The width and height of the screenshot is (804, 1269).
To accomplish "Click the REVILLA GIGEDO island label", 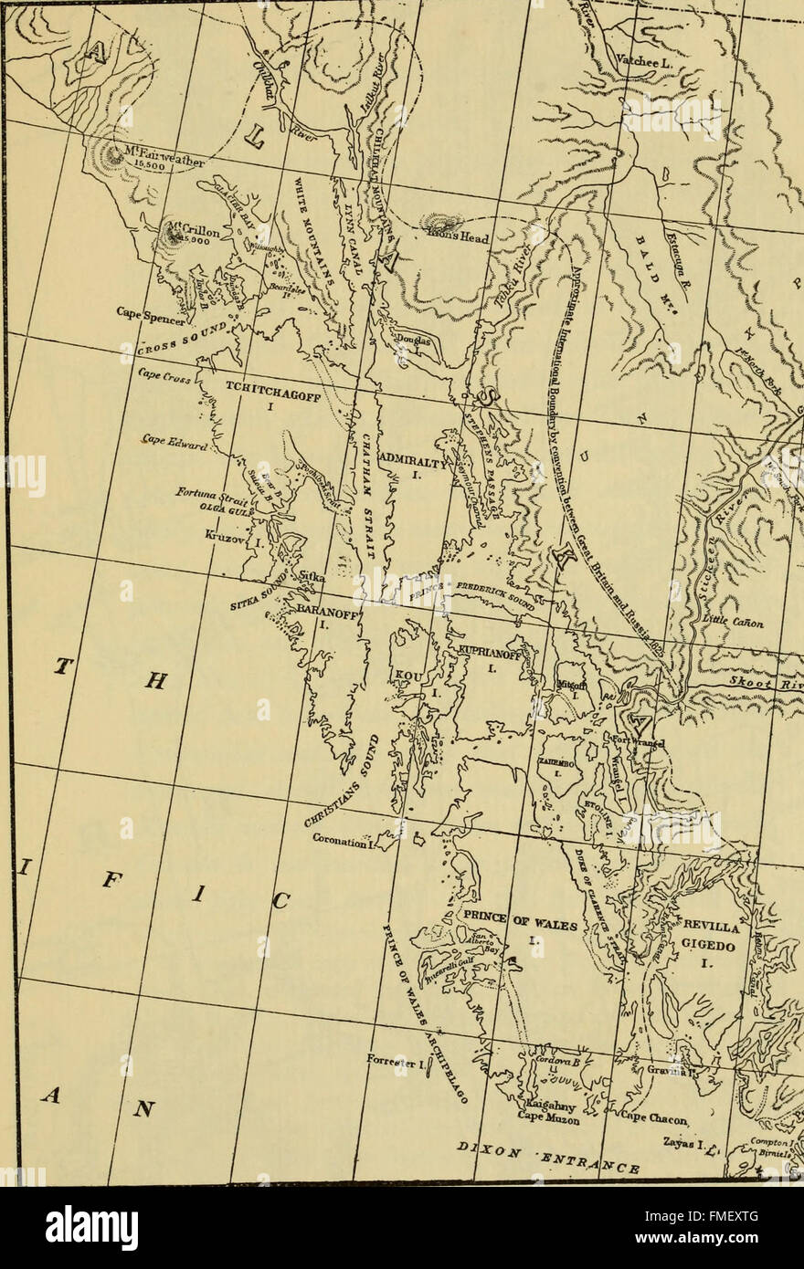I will [716, 939].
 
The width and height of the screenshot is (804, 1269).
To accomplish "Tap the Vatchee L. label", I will [646, 59].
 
